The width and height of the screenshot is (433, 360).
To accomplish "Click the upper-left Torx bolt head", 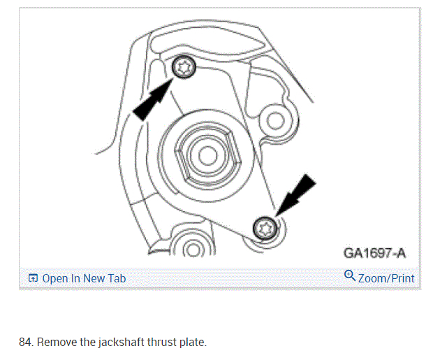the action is coord(184,67).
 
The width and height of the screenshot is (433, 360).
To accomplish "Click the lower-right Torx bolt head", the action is coord(265,226).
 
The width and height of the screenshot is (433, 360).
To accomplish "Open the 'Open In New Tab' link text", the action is coord(84,278).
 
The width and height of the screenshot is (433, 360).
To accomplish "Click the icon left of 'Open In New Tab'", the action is coord(33,278).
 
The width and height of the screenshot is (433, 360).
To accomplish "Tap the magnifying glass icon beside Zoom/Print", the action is coord(350,276).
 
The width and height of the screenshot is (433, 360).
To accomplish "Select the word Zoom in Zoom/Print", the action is coord(372,278).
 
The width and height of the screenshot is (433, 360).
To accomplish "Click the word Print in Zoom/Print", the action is coord(403,278).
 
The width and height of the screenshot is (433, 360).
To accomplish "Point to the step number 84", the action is coord(25,343).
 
